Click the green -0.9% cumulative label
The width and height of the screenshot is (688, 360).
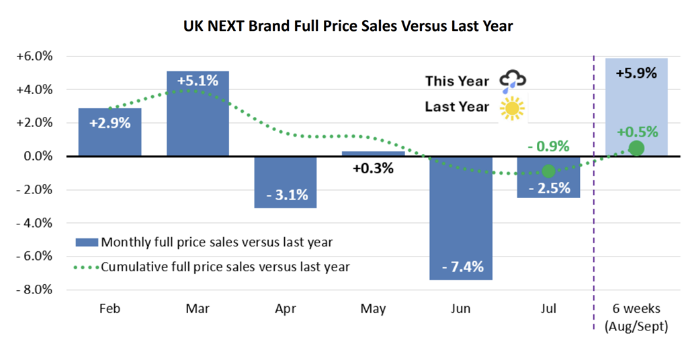pyautogui.click(x=548, y=146)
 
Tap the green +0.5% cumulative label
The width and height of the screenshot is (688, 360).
pyautogui.click(x=637, y=132)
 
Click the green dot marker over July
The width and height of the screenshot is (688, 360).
pyautogui.click(x=549, y=171)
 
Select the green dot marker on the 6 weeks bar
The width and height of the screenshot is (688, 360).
pyautogui.click(x=636, y=148)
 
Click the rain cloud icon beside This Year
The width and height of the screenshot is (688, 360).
pyautogui.click(x=513, y=81)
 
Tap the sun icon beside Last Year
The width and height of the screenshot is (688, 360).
pyautogui.click(x=512, y=107)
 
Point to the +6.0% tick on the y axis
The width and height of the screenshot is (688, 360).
pyautogui.click(x=34, y=56)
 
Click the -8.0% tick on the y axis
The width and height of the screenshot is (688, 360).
pyautogui.click(x=34, y=289)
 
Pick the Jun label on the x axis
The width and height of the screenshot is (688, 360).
pyautogui.click(x=460, y=309)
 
